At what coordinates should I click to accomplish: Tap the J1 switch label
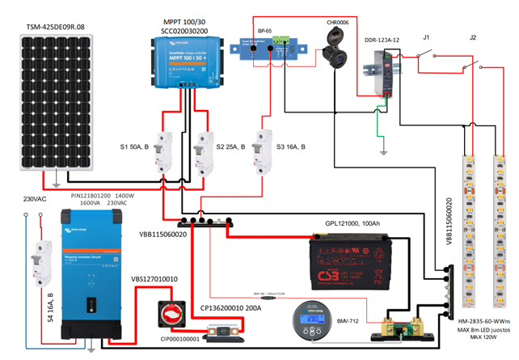point(428,38)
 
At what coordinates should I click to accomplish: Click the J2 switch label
point(473,38)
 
